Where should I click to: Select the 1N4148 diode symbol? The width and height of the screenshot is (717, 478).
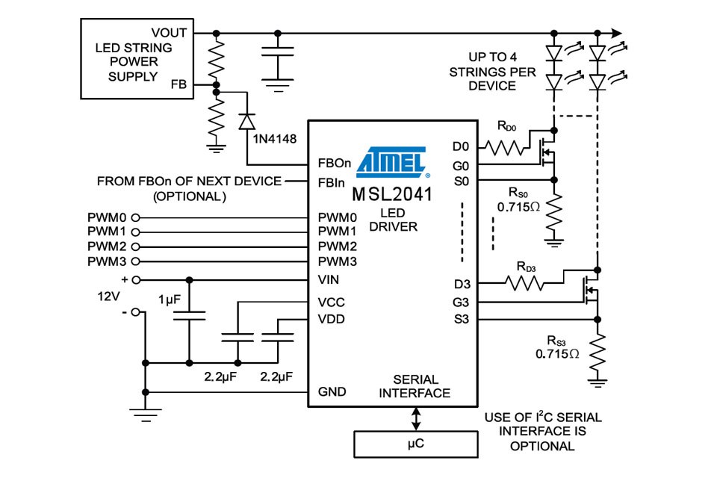click(246, 122)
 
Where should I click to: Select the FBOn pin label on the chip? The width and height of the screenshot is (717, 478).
click(331, 164)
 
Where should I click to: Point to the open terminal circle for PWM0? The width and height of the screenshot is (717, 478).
click(136, 217)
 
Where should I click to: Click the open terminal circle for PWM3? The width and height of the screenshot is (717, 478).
click(136, 262)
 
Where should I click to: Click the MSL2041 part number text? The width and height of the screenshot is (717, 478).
click(393, 195)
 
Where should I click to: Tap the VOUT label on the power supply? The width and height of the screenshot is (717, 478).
click(170, 33)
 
